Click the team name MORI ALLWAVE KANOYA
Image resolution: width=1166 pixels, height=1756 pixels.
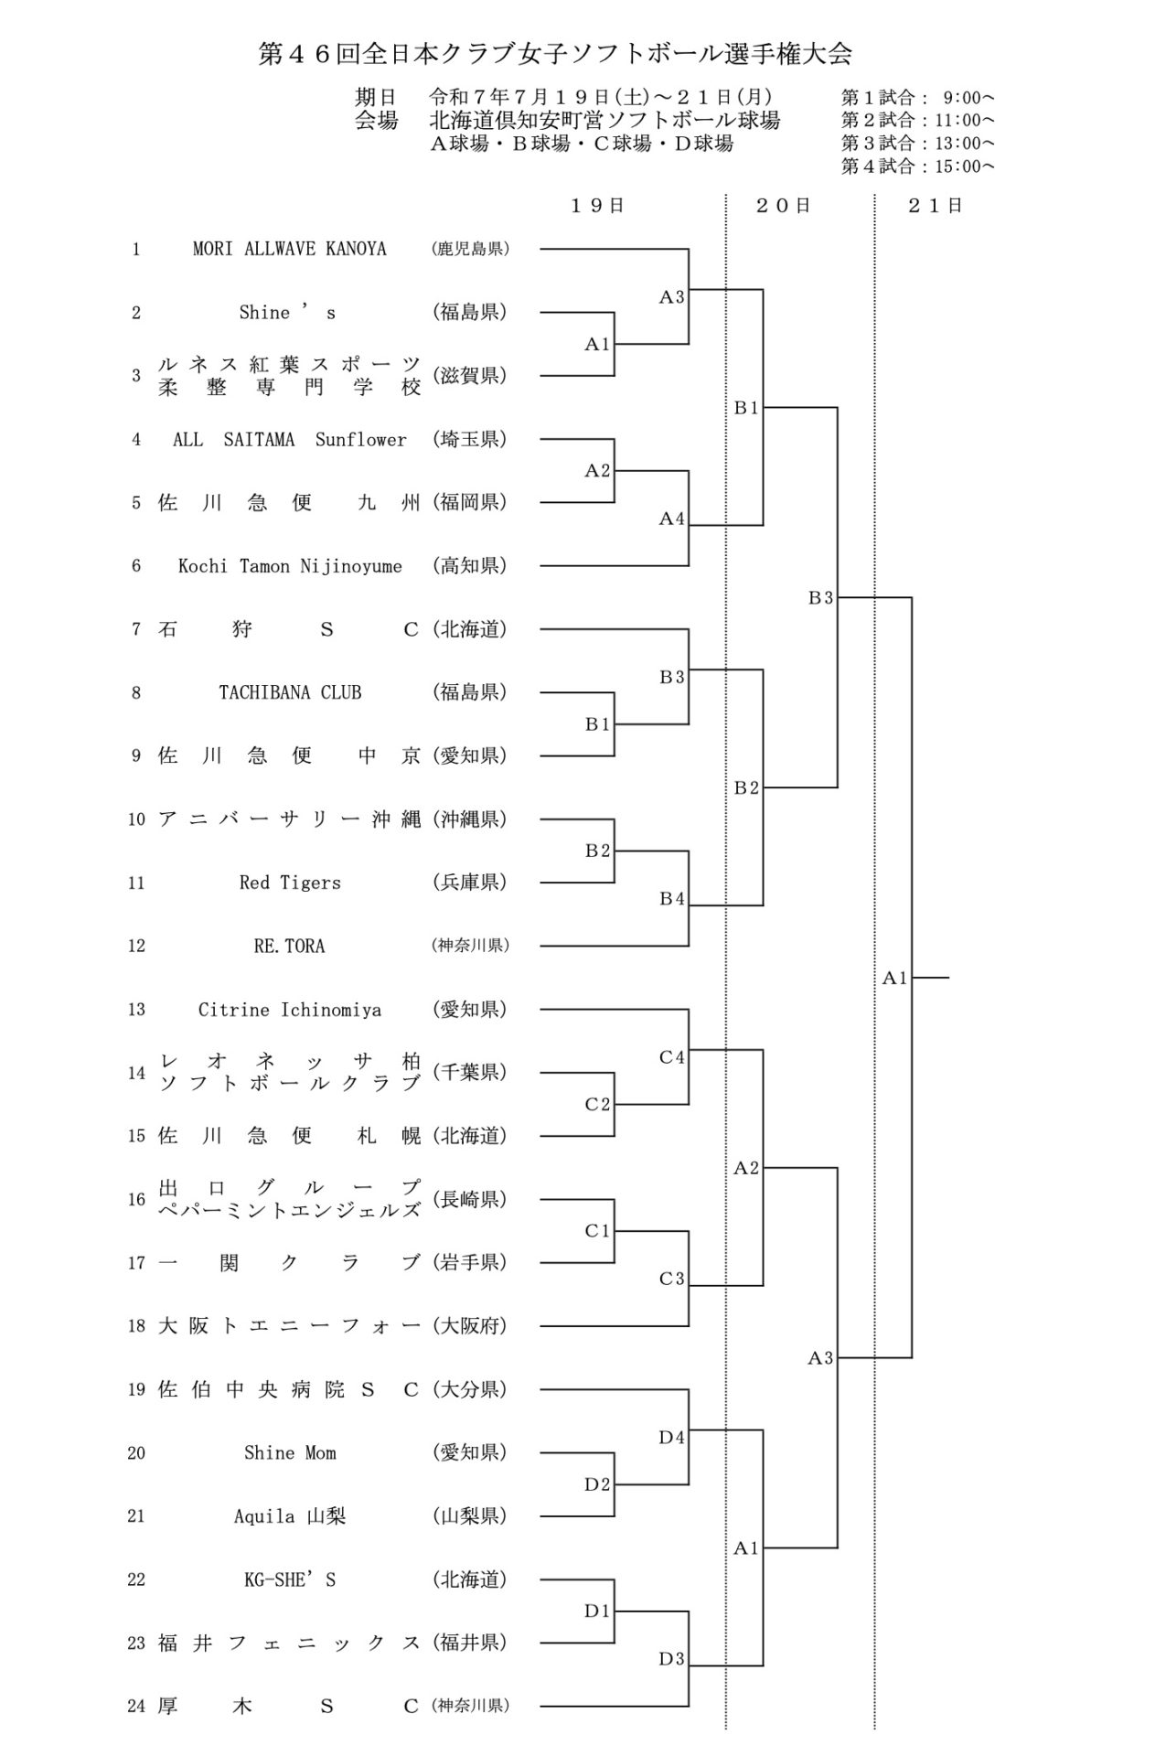pyautogui.click(x=289, y=249)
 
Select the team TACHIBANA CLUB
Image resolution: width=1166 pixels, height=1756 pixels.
pyautogui.click(x=290, y=692)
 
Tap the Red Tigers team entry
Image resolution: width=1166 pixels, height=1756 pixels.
pyautogui.click(x=290, y=883)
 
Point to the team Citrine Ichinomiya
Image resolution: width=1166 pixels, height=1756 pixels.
pyautogui.click(x=290, y=1010)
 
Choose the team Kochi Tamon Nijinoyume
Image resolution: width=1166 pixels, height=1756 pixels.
pyautogui.click(x=290, y=566)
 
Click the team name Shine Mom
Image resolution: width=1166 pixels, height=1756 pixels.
pyautogui.click(x=290, y=1452)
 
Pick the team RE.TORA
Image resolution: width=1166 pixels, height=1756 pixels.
pyautogui.click(x=290, y=946)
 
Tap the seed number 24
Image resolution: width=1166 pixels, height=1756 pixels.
pyautogui.click(x=136, y=1706)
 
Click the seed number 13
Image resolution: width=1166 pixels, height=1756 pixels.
pyautogui.click(x=136, y=1010)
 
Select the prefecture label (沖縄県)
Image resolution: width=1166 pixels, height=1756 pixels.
pyautogui.click(x=470, y=819)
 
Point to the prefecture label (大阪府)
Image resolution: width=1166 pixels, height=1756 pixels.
pyautogui.click(x=470, y=1326)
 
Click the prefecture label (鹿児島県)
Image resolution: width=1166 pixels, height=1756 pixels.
pyautogui.click(x=470, y=249)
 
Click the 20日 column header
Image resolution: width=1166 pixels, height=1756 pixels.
pyautogui.click(x=784, y=206)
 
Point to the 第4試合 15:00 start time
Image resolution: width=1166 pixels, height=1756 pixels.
pyautogui.click(x=918, y=166)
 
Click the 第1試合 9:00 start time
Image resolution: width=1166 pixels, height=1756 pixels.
pyautogui.click(x=918, y=97)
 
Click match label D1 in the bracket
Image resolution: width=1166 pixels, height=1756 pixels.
pyautogui.click(x=597, y=1611)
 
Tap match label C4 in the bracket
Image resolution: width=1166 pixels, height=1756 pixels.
pyautogui.click(x=672, y=1057)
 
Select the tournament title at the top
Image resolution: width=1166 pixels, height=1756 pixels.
pyautogui.click(x=555, y=55)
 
